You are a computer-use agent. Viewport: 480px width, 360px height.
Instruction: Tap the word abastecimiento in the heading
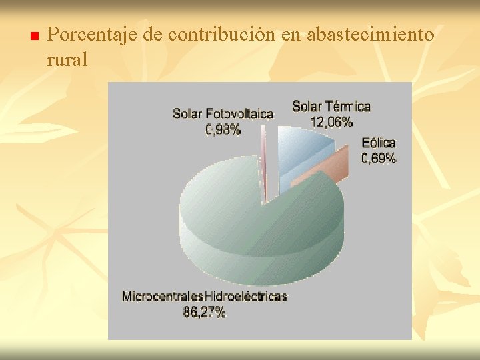click(x=370, y=34)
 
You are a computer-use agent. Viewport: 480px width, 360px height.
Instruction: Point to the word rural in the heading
click(x=67, y=59)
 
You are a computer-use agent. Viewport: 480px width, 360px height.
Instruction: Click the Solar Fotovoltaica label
click(x=223, y=113)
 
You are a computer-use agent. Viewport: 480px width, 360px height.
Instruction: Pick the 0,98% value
click(x=223, y=130)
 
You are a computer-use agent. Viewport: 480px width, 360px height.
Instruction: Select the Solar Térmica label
click(x=331, y=106)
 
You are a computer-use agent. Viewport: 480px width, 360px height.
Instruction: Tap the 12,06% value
click(x=331, y=122)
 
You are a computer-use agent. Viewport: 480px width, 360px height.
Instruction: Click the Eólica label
click(x=379, y=143)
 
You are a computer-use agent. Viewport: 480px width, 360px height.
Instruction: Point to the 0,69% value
click(x=379, y=158)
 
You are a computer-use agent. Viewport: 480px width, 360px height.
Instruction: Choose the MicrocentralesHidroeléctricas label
click(x=205, y=296)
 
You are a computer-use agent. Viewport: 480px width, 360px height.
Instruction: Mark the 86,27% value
click(x=205, y=311)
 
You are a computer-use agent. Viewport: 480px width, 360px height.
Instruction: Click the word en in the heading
click(x=291, y=34)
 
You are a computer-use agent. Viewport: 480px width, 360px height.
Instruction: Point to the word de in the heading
click(x=153, y=34)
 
